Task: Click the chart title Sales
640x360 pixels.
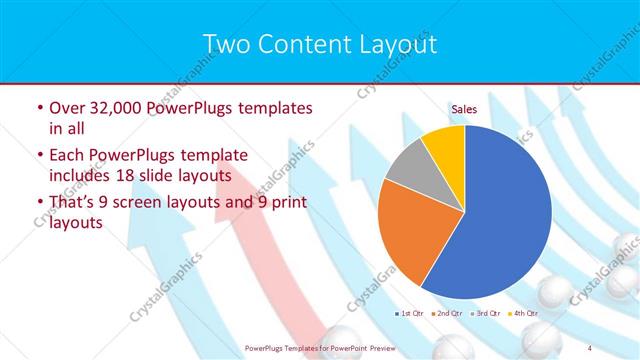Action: coord(464,108)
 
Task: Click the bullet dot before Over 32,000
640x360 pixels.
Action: coord(38,108)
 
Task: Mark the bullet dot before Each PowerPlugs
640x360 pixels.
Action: coord(38,156)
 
